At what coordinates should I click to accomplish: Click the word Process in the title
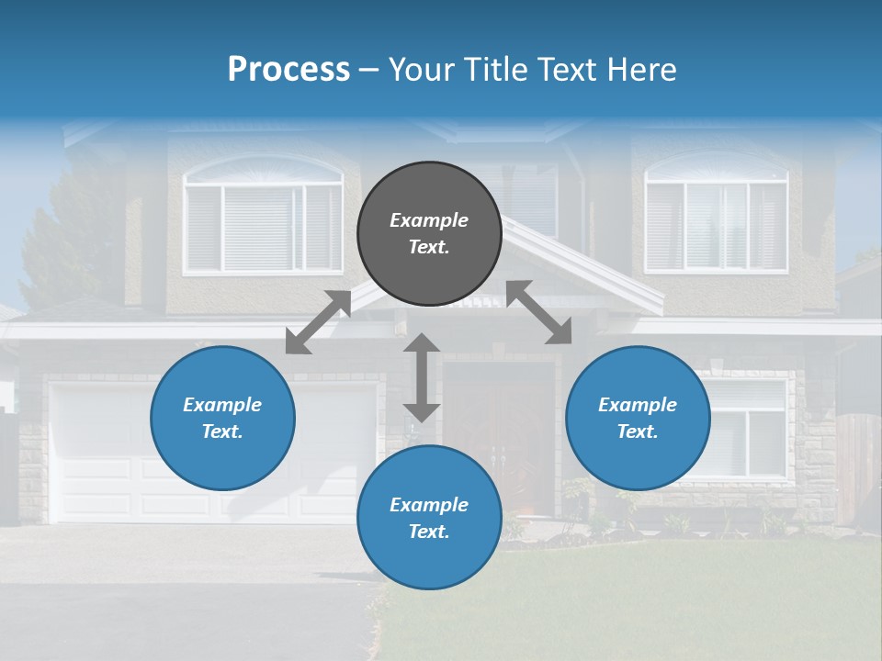(x=288, y=70)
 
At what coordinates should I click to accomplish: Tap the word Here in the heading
(x=643, y=70)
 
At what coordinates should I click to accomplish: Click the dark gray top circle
(x=429, y=234)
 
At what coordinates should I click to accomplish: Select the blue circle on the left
(x=222, y=418)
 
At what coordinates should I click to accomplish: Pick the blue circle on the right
(x=638, y=418)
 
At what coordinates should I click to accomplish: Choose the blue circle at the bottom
(x=429, y=518)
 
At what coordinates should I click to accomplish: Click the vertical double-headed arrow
(x=422, y=377)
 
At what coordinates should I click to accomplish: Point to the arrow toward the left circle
(x=318, y=322)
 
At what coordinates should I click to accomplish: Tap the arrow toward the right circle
(x=539, y=312)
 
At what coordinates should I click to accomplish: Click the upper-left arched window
(x=263, y=220)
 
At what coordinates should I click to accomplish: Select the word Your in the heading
(x=421, y=70)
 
